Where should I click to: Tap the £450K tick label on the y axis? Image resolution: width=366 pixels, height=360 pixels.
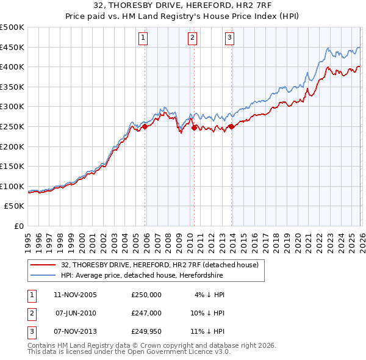(x=12, y=47)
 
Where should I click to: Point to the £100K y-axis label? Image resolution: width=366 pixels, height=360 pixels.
(x=12, y=186)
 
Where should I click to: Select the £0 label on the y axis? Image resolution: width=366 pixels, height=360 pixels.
(x=19, y=226)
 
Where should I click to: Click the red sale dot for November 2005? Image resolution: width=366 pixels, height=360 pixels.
(x=145, y=127)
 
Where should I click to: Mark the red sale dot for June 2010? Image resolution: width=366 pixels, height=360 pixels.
(x=194, y=128)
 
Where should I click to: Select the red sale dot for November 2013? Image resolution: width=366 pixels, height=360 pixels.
(x=231, y=127)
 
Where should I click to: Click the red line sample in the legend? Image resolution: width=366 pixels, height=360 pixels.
(x=43, y=265)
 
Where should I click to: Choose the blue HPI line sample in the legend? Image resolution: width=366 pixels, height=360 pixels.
(x=43, y=275)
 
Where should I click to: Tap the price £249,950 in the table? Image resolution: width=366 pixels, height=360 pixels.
(x=146, y=331)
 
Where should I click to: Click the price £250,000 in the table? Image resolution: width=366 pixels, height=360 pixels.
(x=146, y=295)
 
